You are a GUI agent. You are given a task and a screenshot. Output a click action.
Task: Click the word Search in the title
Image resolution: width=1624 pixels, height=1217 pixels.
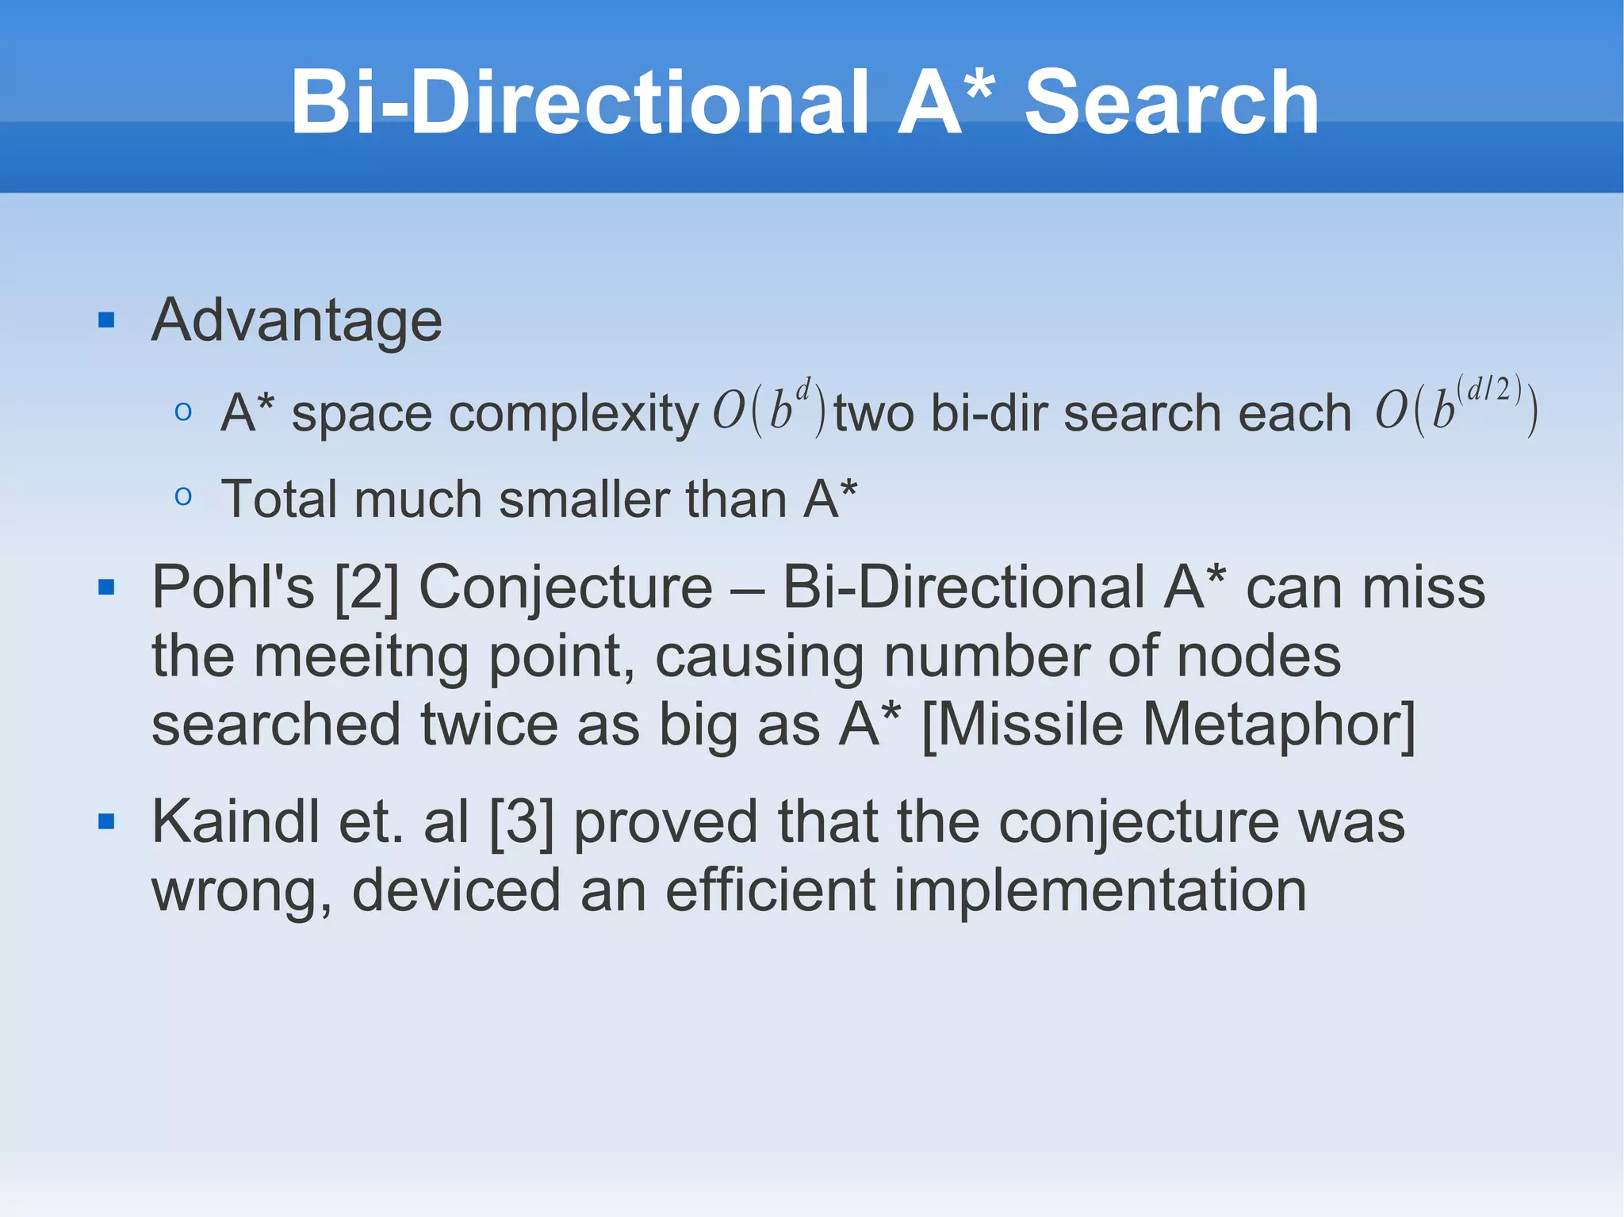(x=1171, y=103)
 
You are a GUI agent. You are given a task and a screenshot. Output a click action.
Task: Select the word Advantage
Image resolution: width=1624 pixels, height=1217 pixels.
(x=297, y=320)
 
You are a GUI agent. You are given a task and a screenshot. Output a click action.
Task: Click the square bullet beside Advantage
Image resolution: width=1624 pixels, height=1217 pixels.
(x=106, y=320)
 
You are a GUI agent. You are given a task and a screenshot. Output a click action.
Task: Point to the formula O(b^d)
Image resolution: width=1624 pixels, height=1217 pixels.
(x=769, y=410)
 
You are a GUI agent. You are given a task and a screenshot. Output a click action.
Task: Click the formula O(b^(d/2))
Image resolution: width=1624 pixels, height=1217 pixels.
(x=1457, y=408)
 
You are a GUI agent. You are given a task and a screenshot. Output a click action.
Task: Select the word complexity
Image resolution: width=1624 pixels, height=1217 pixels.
(x=573, y=414)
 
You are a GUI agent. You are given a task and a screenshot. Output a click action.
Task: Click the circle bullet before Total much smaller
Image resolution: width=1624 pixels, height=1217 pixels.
(x=183, y=497)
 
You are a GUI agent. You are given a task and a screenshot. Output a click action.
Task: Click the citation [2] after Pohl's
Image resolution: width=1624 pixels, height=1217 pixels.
(x=366, y=588)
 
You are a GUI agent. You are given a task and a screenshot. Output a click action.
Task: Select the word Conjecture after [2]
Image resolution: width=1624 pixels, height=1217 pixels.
(x=565, y=588)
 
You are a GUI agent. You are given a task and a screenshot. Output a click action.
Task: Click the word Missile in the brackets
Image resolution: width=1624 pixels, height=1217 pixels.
(x=1023, y=725)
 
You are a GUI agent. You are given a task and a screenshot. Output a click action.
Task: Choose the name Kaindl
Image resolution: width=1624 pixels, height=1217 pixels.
(x=236, y=822)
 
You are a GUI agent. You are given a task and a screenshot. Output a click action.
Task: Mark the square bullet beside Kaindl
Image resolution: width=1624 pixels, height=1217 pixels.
(x=106, y=822)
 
